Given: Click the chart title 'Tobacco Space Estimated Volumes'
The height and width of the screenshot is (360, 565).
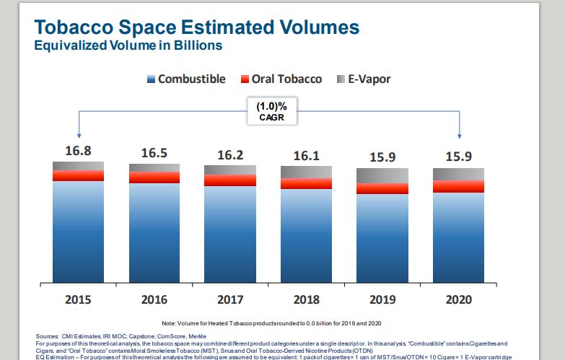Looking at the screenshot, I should pos(196,27).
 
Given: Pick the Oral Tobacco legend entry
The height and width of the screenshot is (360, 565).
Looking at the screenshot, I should pos(281,79).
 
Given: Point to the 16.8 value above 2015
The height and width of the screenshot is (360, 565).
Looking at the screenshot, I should pos(77,151).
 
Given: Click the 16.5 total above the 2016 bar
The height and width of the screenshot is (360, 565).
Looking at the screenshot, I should pos(154,153).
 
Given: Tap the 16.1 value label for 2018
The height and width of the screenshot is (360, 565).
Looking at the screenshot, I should pos(306,155).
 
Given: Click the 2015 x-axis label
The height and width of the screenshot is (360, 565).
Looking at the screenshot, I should pos(78,298).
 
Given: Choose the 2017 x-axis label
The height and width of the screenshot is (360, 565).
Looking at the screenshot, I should pos(229,298).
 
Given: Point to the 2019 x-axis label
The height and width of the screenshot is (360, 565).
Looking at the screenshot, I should pos(382,298).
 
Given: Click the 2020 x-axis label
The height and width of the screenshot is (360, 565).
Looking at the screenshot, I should pos(458,298).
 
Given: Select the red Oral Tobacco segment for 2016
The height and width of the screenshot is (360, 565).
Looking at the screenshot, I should pos(154,177).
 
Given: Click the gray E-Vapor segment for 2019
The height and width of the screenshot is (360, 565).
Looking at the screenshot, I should pos(382,175).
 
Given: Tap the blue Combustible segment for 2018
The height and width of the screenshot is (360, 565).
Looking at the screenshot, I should pos(306,234).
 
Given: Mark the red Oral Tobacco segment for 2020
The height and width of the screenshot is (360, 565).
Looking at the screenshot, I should pos(458,186).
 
